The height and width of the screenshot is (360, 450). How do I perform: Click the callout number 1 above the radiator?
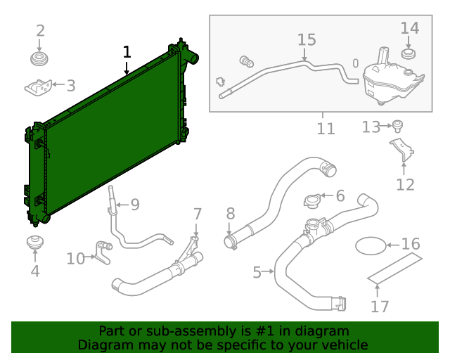click(x=127, y=51)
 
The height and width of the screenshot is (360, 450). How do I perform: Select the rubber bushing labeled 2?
click(x=41, y=58)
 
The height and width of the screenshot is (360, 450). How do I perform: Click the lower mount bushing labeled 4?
click(x=34, y=244)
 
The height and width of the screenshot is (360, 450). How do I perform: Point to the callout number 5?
click(x=257, y=271)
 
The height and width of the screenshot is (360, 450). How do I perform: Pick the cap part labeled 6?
click(x=313, y=200)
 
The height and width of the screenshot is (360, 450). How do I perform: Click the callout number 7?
click(x=198, y=213)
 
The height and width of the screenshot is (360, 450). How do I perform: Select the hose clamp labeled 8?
click(x=231, y=243)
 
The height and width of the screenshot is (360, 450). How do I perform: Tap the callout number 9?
click(x=134, y=205)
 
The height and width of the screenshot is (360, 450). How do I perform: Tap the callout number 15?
click(x=307, y=39)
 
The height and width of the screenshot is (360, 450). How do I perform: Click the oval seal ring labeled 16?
click(x=371, y=245)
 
